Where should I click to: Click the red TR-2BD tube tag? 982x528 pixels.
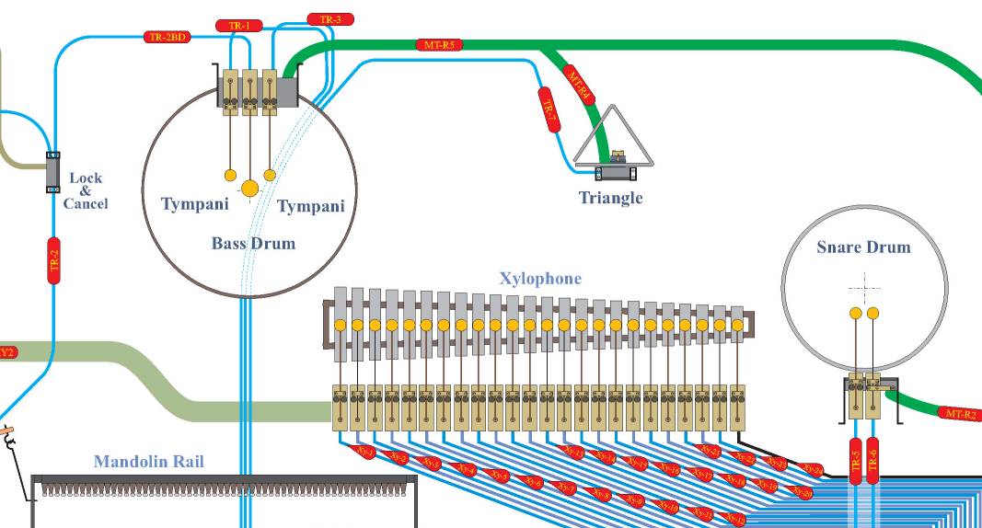pyautogui.click(x=168, y=38)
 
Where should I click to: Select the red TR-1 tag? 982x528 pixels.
pyautogui.click(x=238, y=26)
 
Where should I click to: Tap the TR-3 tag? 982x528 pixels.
pyautogui.click(x=329, y=19)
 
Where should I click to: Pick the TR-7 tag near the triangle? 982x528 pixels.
pyautogui.click(x=549, y=113)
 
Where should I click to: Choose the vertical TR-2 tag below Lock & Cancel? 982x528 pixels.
pyautogui.click(x=53, y=259)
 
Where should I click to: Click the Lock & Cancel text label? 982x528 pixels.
pyautogui.click(x=86, y=190)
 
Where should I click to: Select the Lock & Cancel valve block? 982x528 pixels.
pyautogui.click(x=52, y=172)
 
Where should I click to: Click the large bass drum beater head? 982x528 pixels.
pyautogui.click(x=249, y=189)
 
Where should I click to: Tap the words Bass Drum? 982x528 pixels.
pyautogui.click(x=253, y=244)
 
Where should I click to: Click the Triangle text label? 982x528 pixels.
pyautogui.click(x=610, y=198)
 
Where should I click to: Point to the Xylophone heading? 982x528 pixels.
pyautogui.click(x=540, y=278)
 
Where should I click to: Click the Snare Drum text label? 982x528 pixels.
pyautogui.click(x=863, y=247)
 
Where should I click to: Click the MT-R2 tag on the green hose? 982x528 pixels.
pyautogui.click(x=960, y=414)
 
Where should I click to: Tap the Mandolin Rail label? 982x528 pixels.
pyautogui.click(x=148, y=462)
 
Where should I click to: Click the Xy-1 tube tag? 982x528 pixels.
pyautogui.click(x=364, y=453)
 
